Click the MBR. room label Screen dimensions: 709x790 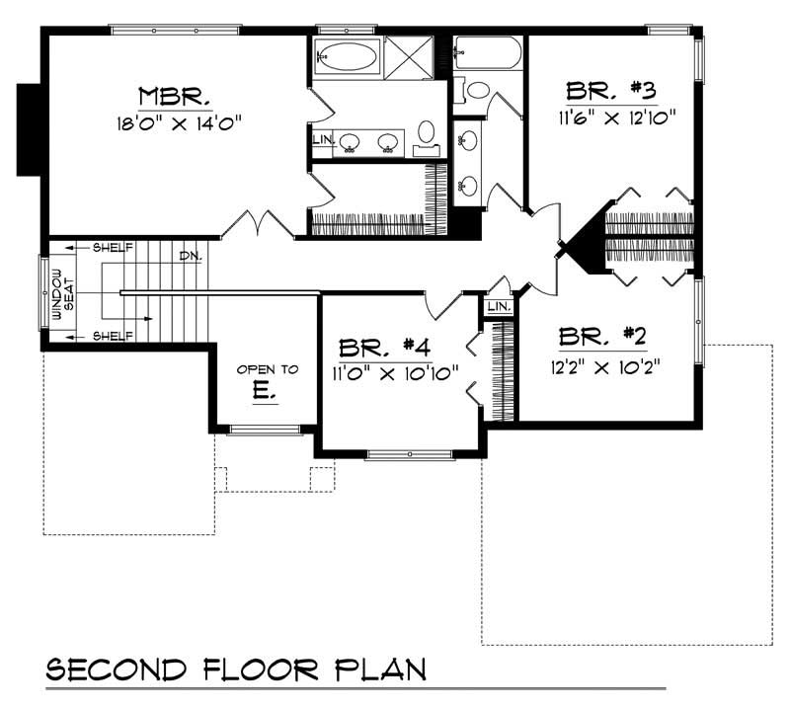(x=174, y=97)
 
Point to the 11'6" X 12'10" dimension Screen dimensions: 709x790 (x=611, y=117)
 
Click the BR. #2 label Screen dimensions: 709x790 (x=602, y=337)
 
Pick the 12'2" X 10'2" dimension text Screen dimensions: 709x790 (x=602, y=363)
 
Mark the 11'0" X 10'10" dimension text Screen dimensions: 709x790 (x=394, y=373)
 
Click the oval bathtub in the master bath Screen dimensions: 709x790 (x=347, y=56)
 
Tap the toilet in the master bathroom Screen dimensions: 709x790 (x=427, y=132)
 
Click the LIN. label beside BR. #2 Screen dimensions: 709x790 (x=500, y=308)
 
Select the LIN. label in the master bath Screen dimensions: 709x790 (x=322, y=140)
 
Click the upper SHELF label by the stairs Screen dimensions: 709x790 (x=113, y=247)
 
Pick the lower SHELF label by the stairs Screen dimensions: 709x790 (x=113, y=337)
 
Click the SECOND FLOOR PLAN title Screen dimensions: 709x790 (x=237, y=670)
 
